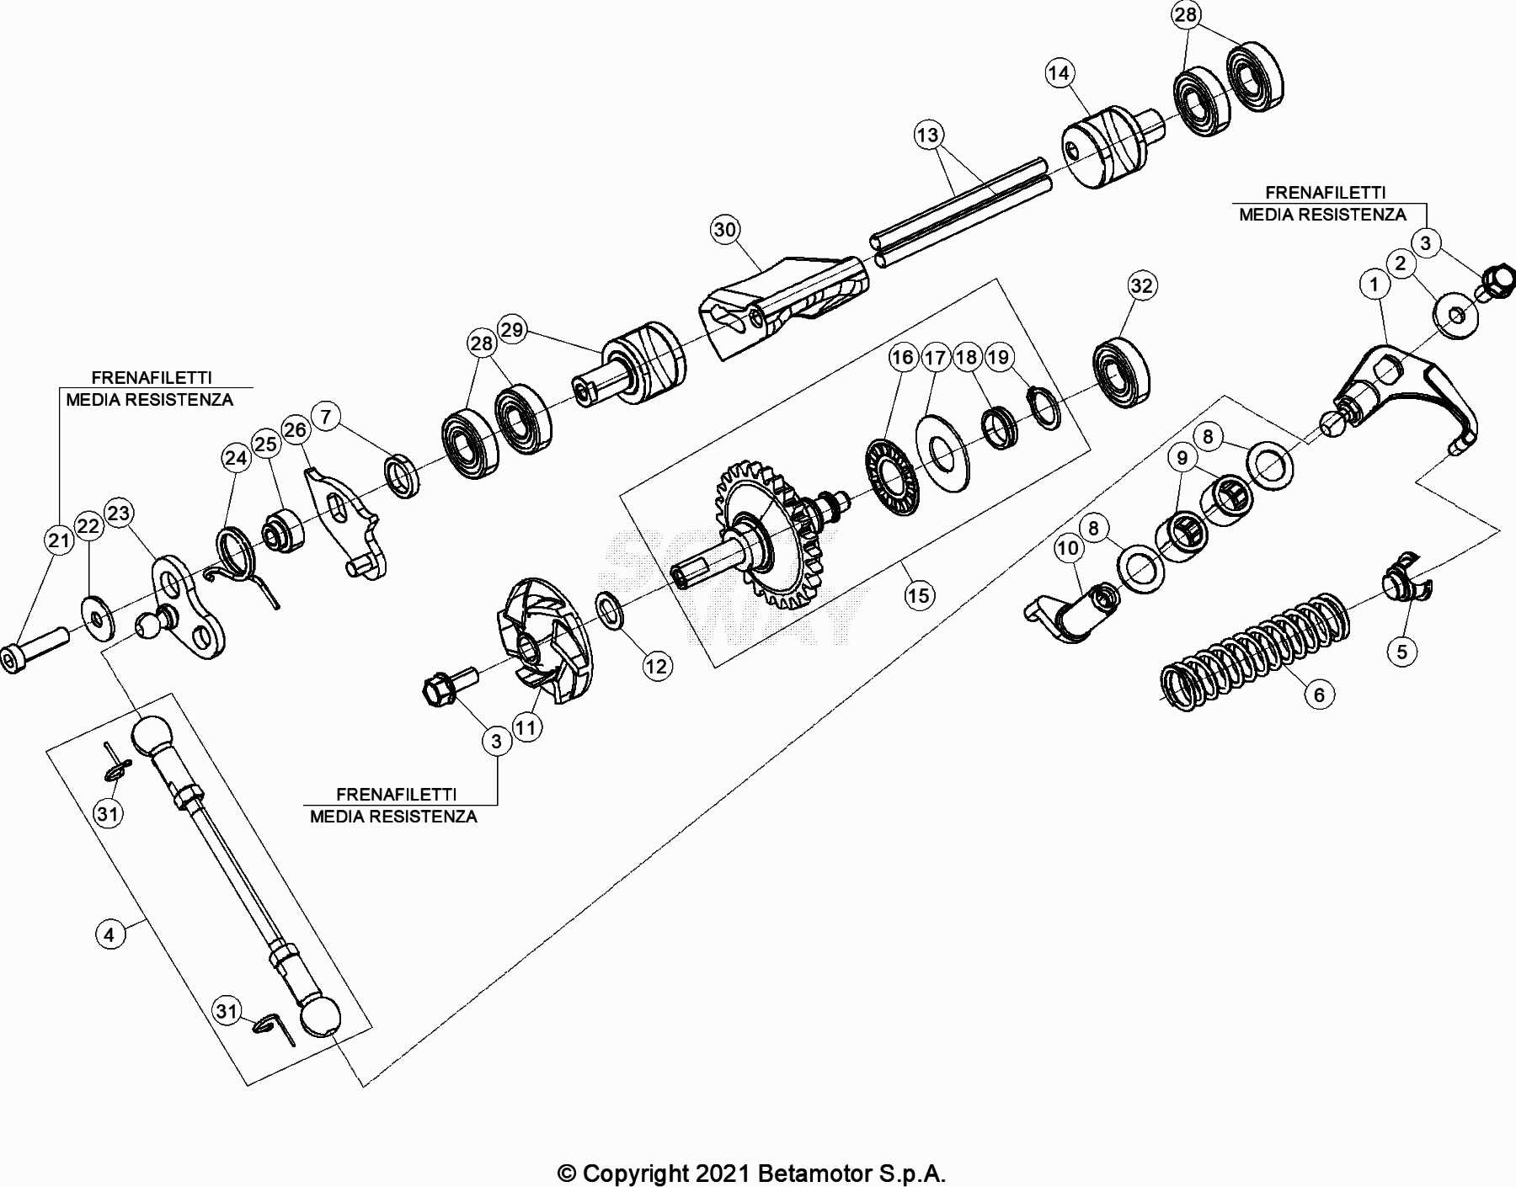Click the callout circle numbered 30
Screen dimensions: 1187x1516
pyautogui.click(x=725, y=229)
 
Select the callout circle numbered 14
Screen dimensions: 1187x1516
pyautogui.click(x=1059, y=73)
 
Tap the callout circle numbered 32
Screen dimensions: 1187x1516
pyautogui.click(x=1141, y=286)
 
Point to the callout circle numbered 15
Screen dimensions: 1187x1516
pyautogui.click(x=918, y=595)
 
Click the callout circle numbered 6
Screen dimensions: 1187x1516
pyautogui.click(x=1319, y=695)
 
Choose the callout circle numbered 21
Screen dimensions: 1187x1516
pyautogui.click(x=59, y=540)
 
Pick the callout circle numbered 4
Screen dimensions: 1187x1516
pyautogui.click(x=109, y=934)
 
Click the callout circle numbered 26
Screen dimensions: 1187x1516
pyautogui.click(x=295, y=431)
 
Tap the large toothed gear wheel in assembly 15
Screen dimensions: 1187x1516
pyautogui.click(x=771, y=539)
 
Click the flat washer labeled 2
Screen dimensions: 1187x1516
pyautogui.click(x=1456, y=316)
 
